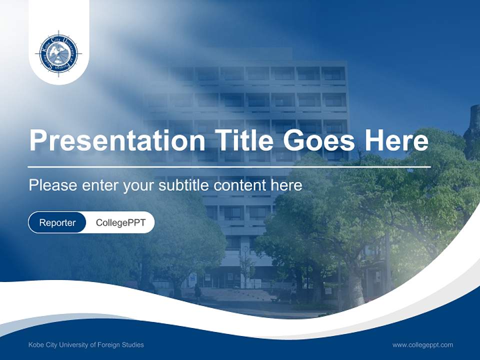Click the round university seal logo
(x=59, y=52)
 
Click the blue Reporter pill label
(x=57, y=222)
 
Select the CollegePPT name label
(x=120, y=222)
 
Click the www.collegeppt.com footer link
(x=422, y=344)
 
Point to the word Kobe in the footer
(x=36, y=344)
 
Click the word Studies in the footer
(x=133, y=344)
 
